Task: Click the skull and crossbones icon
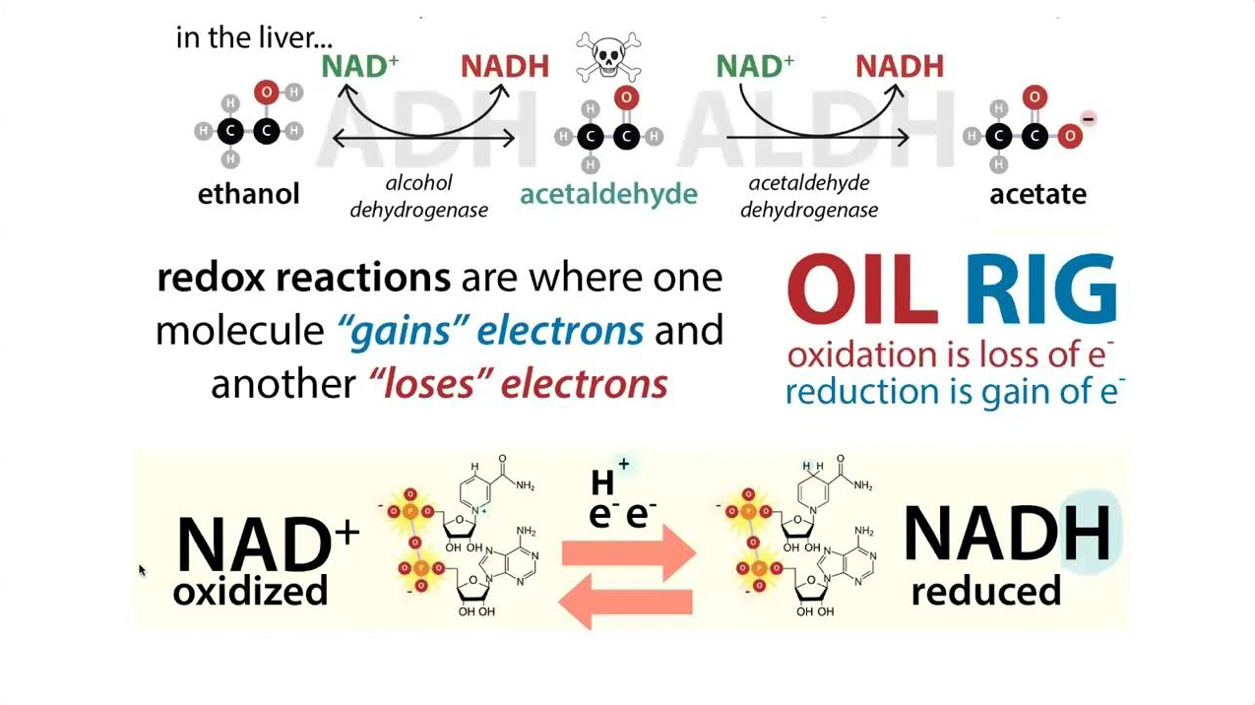(607, 57)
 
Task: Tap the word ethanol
(248, 193)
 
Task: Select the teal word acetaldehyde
(608, 193)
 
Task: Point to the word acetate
(1037, 193)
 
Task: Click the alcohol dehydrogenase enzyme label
(418, 196)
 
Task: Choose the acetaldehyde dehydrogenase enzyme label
(808, 196)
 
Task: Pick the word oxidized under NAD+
(250, 591)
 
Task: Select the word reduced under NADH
(985, 591)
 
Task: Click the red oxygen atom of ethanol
(265, 93)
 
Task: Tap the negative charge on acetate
(1088, 119)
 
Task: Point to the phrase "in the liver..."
(254, 37)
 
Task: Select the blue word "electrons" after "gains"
(559, 330)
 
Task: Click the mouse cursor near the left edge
(142, 569)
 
